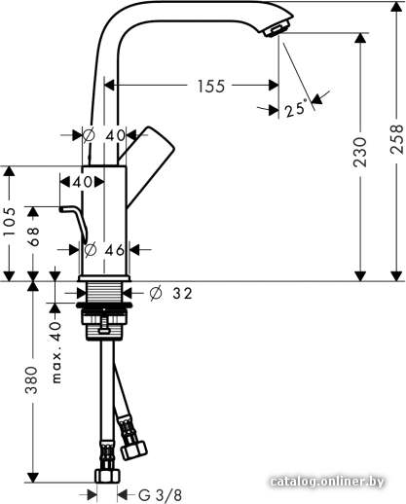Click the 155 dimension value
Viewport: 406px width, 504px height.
(211, 87)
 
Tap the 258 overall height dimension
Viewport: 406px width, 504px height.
(396, 139)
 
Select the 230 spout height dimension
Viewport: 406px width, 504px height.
(360, 152)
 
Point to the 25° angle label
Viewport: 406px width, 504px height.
(296, 109)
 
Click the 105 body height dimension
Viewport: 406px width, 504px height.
(9, 222)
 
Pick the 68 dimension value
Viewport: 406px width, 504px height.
(32, 236)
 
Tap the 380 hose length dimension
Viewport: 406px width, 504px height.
(32, 380)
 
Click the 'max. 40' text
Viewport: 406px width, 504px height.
(55, 352)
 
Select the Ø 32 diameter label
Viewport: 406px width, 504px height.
(171, 294)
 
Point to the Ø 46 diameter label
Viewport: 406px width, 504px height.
(104, 250)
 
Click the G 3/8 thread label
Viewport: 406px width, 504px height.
(160, 495)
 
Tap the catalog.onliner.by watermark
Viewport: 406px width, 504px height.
(327, 482)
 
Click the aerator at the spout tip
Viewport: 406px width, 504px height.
(276, 31)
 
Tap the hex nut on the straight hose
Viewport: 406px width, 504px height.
(107, 476)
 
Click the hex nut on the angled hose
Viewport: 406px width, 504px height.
(133, 450)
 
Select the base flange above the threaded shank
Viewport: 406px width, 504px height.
(104, 278)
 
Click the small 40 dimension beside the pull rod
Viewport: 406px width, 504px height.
(83, 182)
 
